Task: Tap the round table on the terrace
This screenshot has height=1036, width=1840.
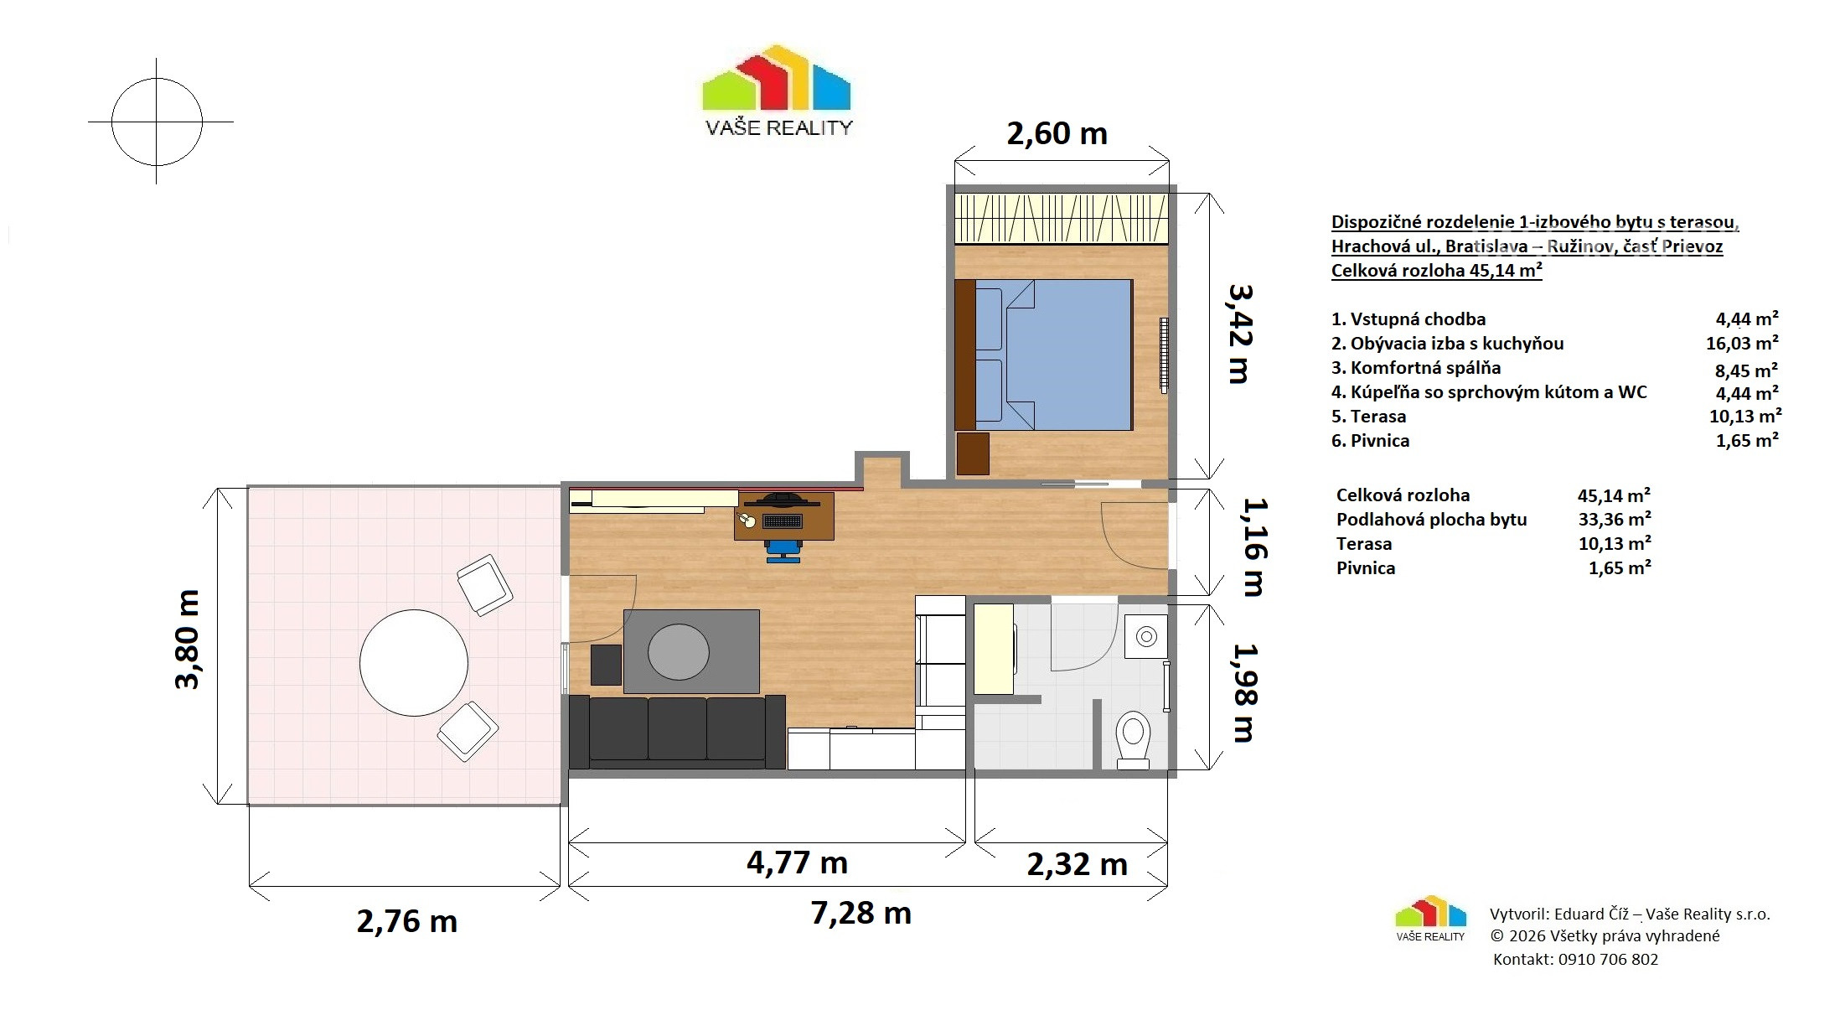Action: pos(414,663)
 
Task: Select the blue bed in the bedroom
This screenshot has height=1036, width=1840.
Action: pos(1053,355)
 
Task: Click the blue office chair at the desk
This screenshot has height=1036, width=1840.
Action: pos(783,549)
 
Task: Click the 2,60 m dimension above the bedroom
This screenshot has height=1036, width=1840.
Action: pos(1057,133)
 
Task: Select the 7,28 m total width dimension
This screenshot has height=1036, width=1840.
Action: pos(861,913)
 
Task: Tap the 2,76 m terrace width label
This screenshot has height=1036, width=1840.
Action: pos(407,921)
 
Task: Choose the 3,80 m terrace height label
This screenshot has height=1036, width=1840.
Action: pos(188,640)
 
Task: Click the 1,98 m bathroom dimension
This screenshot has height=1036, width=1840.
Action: pos(1244,692)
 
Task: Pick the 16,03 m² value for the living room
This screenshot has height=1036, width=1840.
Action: pos(1743,344)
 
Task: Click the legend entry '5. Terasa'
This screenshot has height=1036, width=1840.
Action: pos(1369,417)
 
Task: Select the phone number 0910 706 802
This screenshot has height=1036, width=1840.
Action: pos(1608,960)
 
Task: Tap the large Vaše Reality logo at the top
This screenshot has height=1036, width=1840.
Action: pos(778,90)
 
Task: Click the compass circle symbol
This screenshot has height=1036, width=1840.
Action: pos(158,122)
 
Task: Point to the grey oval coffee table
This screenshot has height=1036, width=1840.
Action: pos(679,652)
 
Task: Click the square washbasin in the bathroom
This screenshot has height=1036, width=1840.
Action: pos(1145,637)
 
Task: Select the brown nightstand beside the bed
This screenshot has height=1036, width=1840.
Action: pos(973,453)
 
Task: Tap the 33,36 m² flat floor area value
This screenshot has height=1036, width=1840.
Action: pos(1615,520)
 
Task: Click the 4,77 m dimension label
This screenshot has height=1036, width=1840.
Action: pos(797,862)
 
